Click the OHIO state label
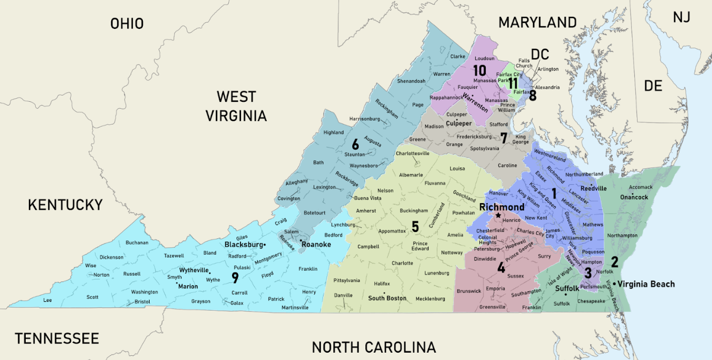[x=127, y=24]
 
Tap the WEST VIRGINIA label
[x=236, y=106]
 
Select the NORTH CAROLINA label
[x=373, y=347]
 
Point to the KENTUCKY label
[x=65, y=205]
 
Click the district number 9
[x=235, y=278]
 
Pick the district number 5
[x=415, y=227]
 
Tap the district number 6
[x=355, y=144]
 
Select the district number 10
[x=479, y=70]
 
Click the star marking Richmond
[x=498, y=216]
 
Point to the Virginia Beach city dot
[x=614, y=284]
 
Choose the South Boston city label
[x=387, y=298]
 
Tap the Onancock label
[x=634, y=197]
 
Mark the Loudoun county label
[x=485, y=58]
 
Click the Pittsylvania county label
[x=347, y=281]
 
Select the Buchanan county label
[x=137, y=242]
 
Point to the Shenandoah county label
[x=411, y=81]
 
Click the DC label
[x=539, y=54]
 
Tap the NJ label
[x=681, y=17]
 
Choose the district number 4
[x=501, y=268]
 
